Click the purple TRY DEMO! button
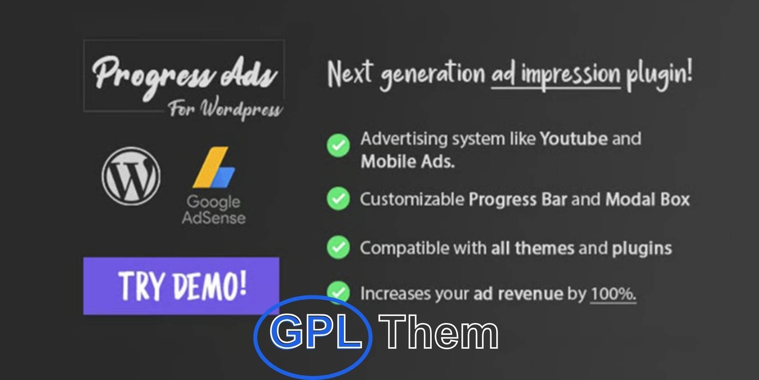(x=181, y=286)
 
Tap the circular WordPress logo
(x=131, y=176)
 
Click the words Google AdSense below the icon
(x=213, y=209)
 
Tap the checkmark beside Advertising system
(x=338, y=145)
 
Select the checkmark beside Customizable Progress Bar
(x=338, y=199)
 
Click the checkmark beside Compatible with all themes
(x=338, y=247)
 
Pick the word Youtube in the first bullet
(x=574, y=139)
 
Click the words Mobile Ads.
(x=407, y=161)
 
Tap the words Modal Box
(x=648, y=199)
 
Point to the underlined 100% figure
(x=613, y=294)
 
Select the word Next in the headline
(x=349, y=74)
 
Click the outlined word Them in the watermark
(x=439, y=332)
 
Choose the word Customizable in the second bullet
(x=412, y=199)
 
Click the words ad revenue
(x=518, y=294)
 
